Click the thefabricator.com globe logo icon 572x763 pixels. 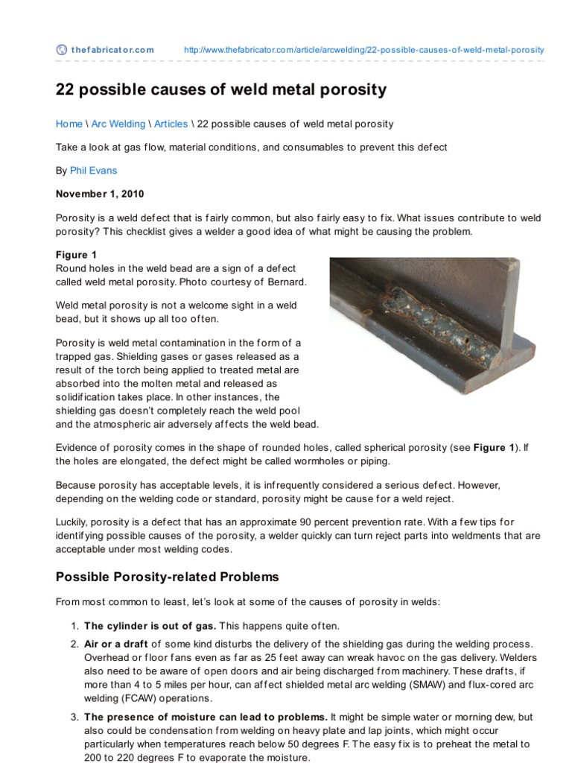point(62,50)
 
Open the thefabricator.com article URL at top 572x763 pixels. point(363,50)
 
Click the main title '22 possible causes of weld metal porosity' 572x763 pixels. point(221,90)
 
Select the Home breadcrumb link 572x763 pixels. point(69,124)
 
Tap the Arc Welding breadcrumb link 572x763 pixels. point(118,124)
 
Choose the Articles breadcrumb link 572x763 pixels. point(171,124)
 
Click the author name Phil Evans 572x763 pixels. point(93,171)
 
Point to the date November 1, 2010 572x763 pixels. point(100,194)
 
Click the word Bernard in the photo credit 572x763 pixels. point(287,282)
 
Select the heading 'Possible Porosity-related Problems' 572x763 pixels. point(168,577)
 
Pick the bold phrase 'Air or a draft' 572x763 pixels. point(116,644)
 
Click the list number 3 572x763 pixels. point(74,717)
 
